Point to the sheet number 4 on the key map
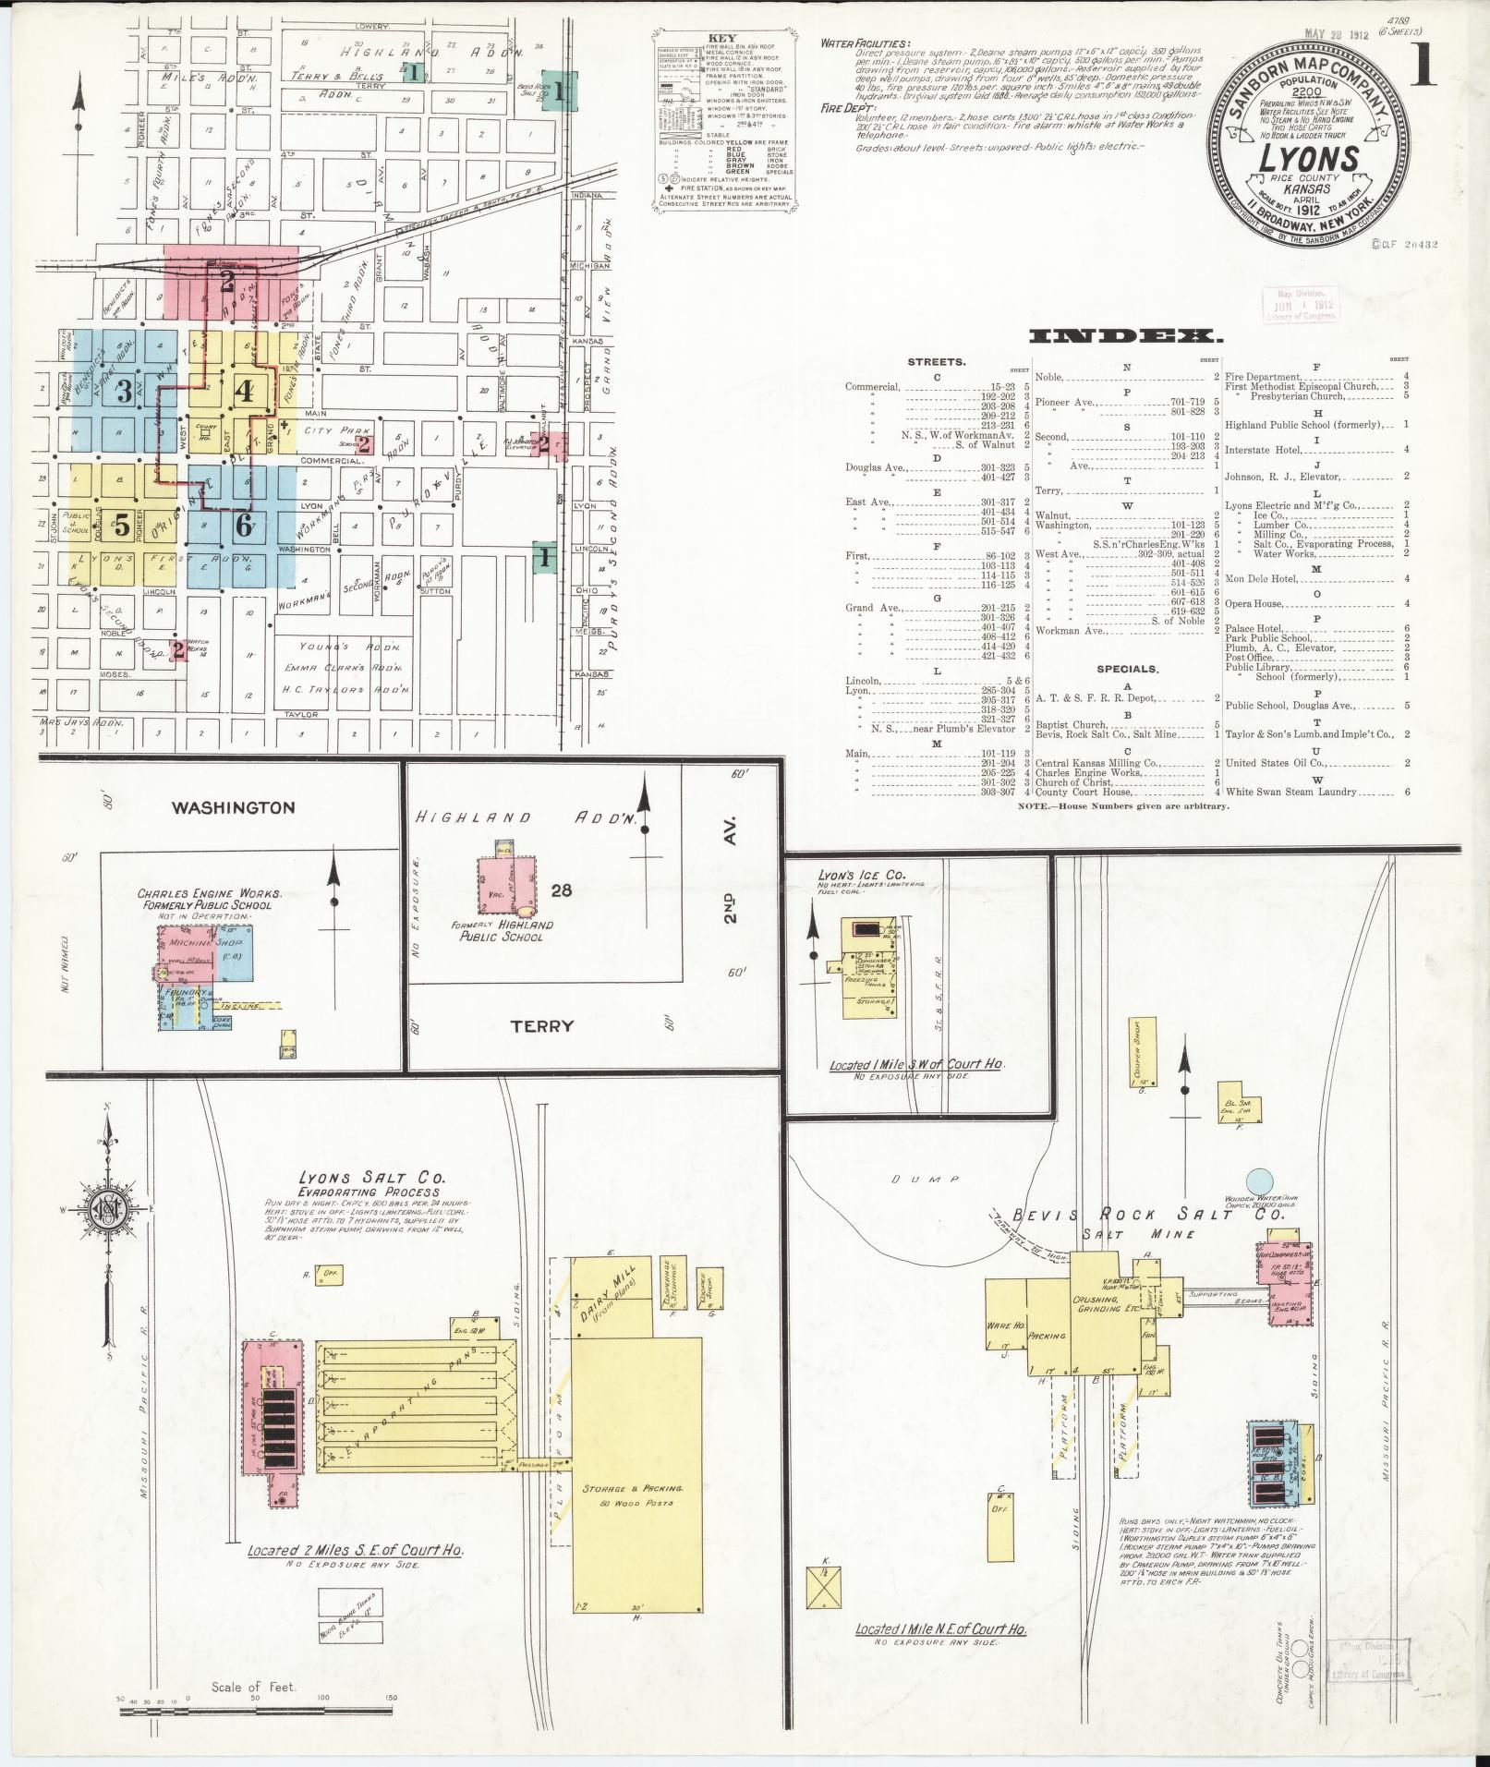coord(244,391)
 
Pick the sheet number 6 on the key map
coord(243,526)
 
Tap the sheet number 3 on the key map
coord(122,392)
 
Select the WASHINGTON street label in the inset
coord(234,807)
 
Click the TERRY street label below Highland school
coord(542,1025)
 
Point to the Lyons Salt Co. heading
coord(371,1179)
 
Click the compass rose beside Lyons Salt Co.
coord(108,1211)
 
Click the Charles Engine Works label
coord(210,899)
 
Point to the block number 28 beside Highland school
coord(562,890)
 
